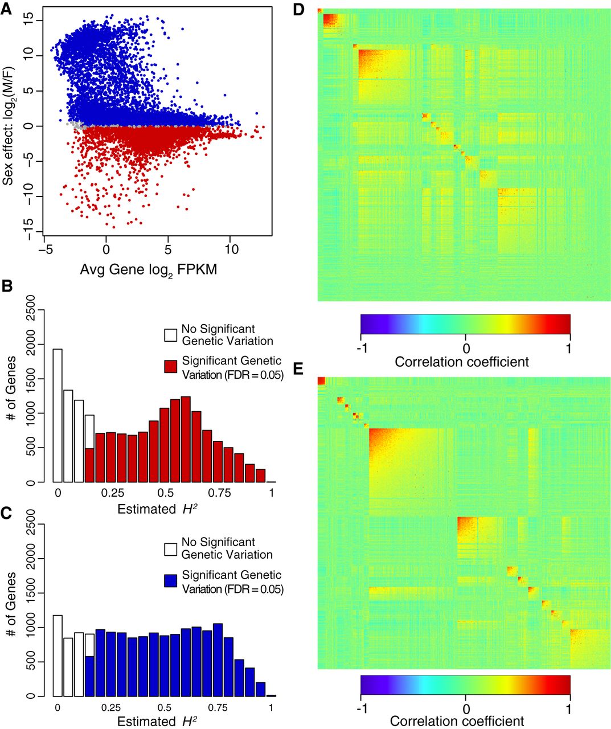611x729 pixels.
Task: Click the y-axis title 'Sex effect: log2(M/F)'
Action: point(9,124)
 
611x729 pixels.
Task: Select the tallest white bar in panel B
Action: point(58,416)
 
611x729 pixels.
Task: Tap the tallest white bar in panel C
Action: point(58,656)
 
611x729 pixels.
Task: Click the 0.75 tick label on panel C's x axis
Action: point(218,708)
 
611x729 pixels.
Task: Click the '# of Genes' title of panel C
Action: point(10,611)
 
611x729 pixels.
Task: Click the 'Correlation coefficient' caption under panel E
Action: point(457,721)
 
